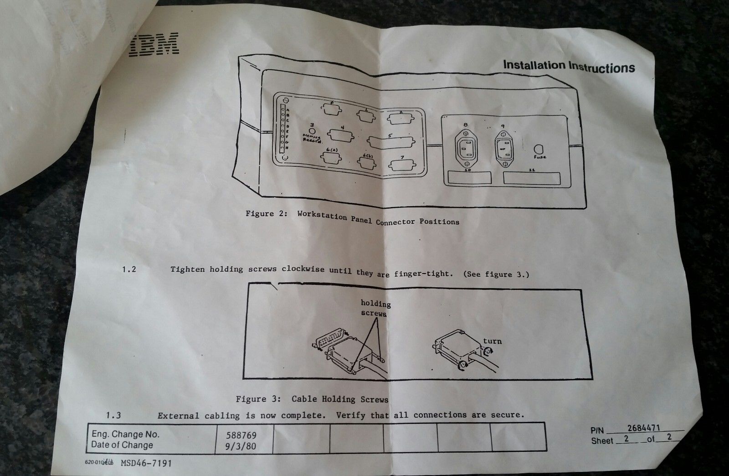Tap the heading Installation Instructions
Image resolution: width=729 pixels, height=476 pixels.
point(569,66)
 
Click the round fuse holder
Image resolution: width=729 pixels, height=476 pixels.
point(539,150)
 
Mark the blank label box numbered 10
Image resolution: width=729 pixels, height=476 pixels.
point(469,177)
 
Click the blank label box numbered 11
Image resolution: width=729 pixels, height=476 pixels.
point(532,178)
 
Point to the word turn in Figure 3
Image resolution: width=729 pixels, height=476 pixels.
point(492,341)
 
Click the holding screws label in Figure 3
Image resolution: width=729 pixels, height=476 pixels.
point(375,308)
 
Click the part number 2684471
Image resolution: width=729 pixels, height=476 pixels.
point(644,428)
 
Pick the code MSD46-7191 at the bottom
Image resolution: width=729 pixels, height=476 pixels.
point(147,463)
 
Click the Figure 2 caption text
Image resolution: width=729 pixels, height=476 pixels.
point(352,217)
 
